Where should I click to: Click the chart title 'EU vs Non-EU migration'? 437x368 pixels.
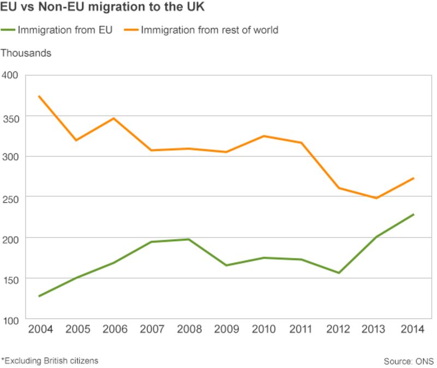coord(103,9)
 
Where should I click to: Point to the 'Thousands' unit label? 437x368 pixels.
coord(26,53)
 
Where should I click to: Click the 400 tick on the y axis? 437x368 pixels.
coord(11,75)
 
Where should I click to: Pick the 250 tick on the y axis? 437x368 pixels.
coord(11,198)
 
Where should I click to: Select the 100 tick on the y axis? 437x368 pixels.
coord(11,320)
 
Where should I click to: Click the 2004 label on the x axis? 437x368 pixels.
coord(39,330)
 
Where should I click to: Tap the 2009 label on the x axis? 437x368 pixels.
coord(227,330)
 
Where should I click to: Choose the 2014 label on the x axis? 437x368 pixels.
coord(414,330)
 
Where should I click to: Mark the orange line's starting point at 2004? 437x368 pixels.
coord(39,96)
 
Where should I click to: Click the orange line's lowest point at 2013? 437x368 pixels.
coord(376,198)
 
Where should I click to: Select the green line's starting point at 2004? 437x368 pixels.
coord(39,296)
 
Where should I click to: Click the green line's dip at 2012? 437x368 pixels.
coord(339,273)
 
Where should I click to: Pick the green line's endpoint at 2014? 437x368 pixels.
coord(414,214)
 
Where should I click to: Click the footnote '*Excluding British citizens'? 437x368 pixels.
coord(50,360)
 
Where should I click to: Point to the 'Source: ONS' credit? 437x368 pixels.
coord(409,361)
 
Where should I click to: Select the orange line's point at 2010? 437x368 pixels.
coord(264,136)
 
